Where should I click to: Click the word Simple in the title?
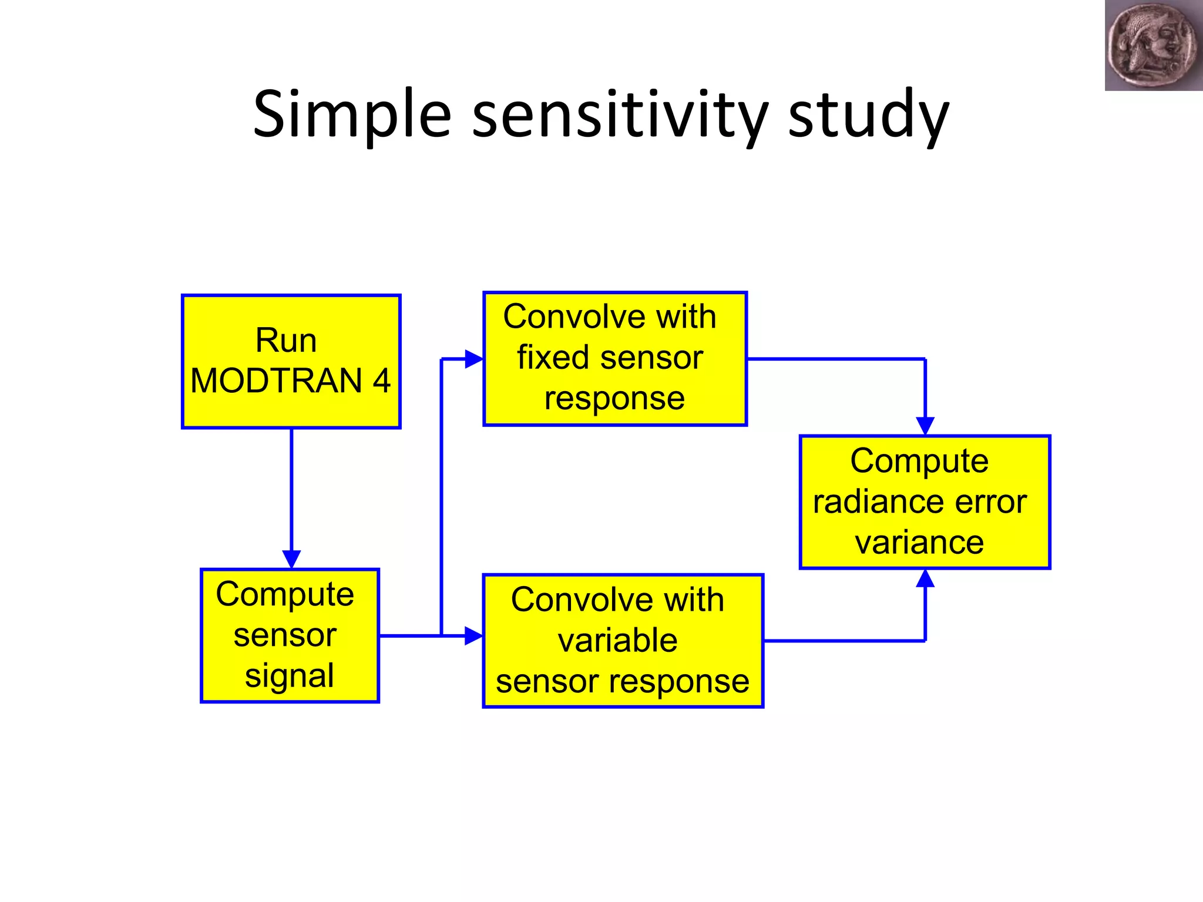(351, 115)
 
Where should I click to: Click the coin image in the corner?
(1152, 45)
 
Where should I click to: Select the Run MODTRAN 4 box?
(291, 361)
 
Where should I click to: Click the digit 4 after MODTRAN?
(381, 381)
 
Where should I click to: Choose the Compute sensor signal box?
(290, 635)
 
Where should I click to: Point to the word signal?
(290, 675)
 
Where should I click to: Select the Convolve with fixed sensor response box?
(614, 358)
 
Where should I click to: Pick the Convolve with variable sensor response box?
(623, 641)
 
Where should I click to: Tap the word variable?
(617, 640)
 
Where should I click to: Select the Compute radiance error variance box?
(925, 502)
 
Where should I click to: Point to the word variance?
(919, 542)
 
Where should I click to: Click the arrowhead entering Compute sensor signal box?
(291, 558)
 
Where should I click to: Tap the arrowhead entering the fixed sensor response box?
(473, 359)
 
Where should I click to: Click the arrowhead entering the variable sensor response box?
(473, 635)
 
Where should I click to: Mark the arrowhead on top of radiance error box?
(925, 426)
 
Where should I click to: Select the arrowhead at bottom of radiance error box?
(925, 579)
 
